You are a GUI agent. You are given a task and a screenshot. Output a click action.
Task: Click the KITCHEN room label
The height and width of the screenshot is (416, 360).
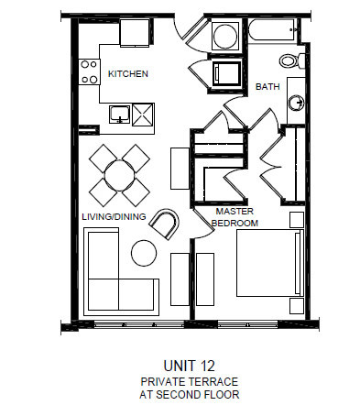[x=129, y=73]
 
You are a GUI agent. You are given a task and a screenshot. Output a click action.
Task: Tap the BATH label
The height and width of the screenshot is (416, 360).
[x=267, y=87]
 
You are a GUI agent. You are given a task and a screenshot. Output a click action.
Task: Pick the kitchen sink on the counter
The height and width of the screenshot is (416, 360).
[x=119, y=114]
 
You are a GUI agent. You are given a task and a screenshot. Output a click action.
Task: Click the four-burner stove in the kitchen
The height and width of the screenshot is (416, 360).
[x=89, y=71]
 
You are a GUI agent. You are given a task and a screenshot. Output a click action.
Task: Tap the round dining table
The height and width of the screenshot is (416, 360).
[x=120, y=173]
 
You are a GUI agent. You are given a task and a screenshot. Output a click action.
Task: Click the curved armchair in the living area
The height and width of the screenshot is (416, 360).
[x=166, y=223]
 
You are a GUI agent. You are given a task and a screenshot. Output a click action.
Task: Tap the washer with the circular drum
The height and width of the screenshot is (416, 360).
[x=224, y=38]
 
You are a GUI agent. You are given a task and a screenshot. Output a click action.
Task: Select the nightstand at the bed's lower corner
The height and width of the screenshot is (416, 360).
[x=296, y=307]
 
